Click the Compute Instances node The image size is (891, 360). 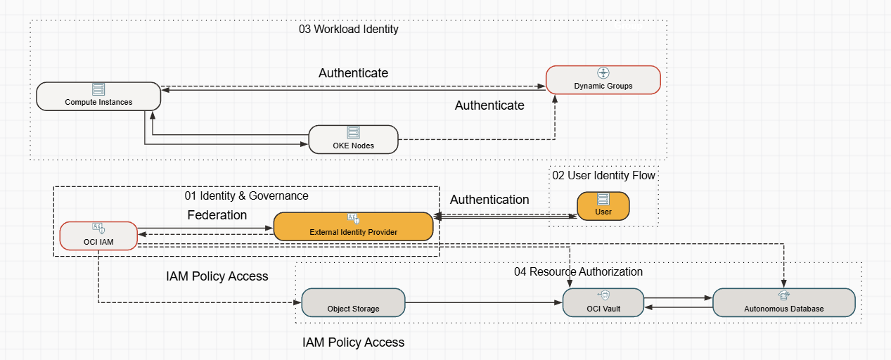tap(98, 96)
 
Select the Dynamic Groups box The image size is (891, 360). tap(603, 79)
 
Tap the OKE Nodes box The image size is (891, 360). tap(353, 139)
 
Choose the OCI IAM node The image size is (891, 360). tap(98, 236)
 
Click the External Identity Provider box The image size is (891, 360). tap(353, 226)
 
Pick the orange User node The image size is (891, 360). tap(603, 206)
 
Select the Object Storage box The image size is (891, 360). tap(353, 302)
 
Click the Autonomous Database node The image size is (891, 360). tap(783, 302)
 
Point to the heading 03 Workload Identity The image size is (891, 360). tap(348, 30)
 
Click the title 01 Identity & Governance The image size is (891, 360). tap(246, 195)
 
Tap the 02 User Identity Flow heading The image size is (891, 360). tap(603, 175)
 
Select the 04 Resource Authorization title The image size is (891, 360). tap(578, 271)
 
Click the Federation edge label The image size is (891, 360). tap(217, 215)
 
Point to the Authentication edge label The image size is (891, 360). tap(489, 200)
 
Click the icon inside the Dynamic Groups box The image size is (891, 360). tap(603, 73)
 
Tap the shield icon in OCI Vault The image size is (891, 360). tap(603, 296)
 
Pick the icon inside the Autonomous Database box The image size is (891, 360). tap(783, 296)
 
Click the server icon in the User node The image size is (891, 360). tap(603, 200)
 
